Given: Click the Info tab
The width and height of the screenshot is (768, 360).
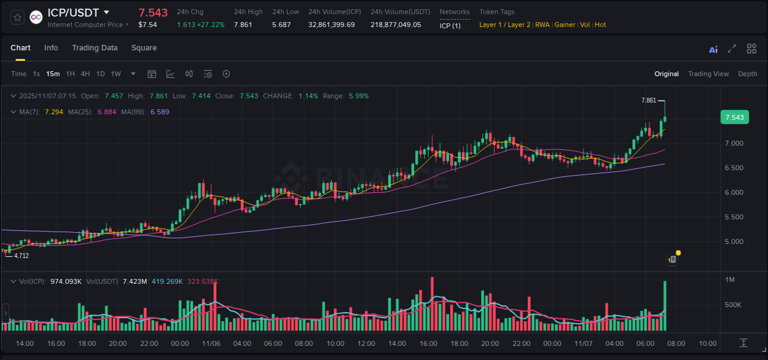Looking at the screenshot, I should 51,48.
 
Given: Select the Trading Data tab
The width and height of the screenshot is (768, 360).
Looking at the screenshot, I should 95,48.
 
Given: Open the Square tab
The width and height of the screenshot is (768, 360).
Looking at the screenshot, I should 144,48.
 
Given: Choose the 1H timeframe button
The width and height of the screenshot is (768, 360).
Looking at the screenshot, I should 70,74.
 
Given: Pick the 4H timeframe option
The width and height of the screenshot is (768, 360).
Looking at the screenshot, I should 85,74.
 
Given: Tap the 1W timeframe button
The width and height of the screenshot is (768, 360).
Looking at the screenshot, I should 116,74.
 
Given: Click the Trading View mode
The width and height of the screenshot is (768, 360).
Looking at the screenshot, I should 708,74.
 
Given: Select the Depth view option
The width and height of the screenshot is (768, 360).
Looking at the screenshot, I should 747,74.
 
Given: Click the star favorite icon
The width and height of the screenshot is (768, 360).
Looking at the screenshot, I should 18,17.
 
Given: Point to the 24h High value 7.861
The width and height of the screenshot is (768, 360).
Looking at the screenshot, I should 243,25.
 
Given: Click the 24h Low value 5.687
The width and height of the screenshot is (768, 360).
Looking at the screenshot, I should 281,25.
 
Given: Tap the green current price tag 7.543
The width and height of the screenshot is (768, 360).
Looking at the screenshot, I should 734,117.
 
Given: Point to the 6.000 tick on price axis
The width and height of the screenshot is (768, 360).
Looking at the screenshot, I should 734,192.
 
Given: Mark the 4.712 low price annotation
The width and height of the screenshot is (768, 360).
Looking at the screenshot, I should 22,256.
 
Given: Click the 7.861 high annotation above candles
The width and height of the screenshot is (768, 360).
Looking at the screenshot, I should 648,100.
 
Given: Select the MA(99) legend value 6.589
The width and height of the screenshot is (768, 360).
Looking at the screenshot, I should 160,112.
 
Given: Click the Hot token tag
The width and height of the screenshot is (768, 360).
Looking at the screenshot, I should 600,25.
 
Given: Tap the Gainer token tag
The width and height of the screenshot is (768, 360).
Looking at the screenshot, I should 565,25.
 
